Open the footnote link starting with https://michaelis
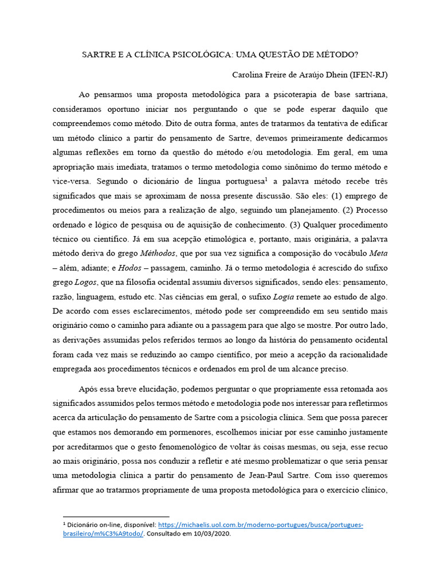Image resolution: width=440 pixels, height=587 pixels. [x=261, y=525]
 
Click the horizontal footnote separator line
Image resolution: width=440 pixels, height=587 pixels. [x=116, y=516]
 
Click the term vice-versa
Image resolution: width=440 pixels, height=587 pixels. [x=70, y=181]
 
